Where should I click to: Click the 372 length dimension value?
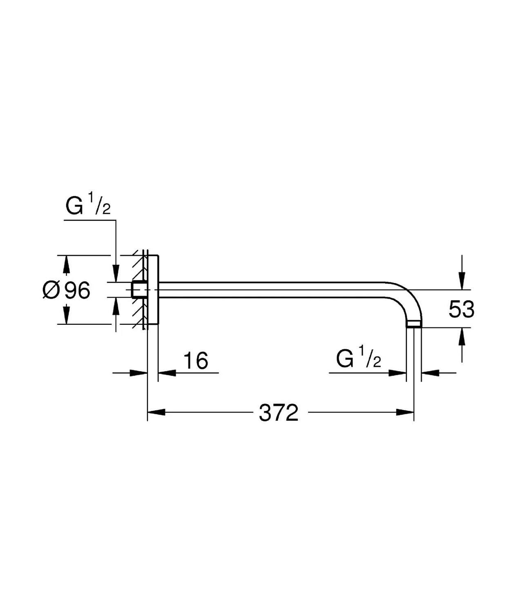pyautogui.click(x=278, y=413)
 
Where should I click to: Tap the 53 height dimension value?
pyautogui.click(x=461, y=309)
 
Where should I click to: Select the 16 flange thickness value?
pyautogui.click(x=196, y=360)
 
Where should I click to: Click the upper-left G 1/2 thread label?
pyautogui.click(x=88, y=204)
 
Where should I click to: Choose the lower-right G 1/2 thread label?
pyautogui.click(x=358, y=357)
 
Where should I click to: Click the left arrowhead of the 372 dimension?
pyautogui.click(x=156, y=412)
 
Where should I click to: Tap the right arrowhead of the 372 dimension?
pyautogui.click(x=405, y=412)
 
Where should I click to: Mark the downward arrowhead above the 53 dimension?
pyautogui.click(x=462, y=281)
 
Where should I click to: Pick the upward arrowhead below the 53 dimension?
pyautogui.click(x=462, y=337)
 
